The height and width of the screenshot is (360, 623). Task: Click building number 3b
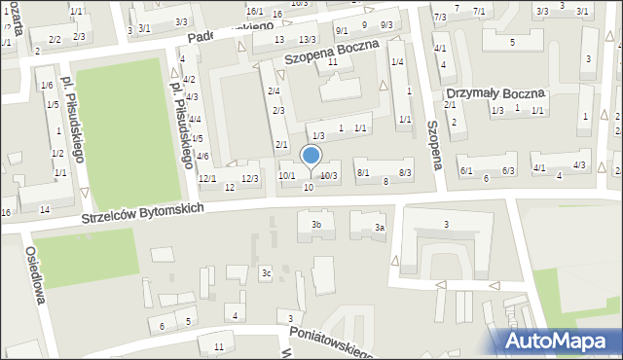(x=315, y=226)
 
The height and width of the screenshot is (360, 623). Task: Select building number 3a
(x=381, y=228)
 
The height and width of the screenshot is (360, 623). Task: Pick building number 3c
(x=265, y=273)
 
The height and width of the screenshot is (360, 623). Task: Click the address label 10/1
(x=287, y=175)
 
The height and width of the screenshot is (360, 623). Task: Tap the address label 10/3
(x=329, y=175)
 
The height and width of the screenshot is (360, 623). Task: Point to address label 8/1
(x=363, y=172)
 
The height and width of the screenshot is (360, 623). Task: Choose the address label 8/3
(x=405, y=172)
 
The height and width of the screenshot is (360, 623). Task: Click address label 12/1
(x=207, y=178)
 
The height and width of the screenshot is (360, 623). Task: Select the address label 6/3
(x=508, y=170)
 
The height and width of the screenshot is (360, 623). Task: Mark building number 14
(x=45, y=210)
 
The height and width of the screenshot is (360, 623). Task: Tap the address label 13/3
(x=307, y=39)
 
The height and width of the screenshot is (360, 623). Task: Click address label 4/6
(x=202, y=156)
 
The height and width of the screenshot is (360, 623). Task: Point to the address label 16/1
(x=255, y=11)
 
